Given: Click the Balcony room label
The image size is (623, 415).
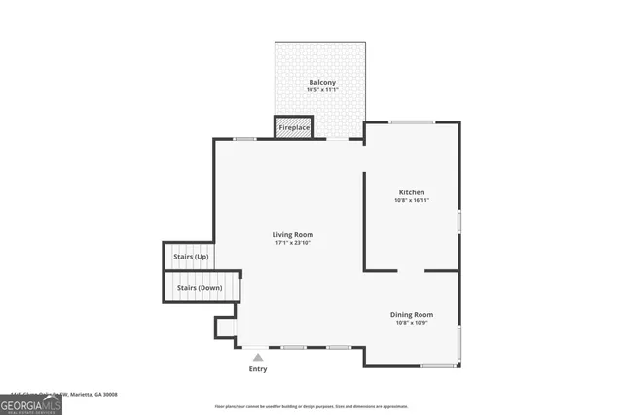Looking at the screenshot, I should click(322, 83).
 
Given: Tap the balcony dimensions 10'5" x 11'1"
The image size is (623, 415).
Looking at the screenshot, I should click(322, 91).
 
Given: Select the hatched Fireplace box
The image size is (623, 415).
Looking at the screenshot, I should click(294, 128).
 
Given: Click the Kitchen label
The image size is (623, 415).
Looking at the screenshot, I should click(412, 192).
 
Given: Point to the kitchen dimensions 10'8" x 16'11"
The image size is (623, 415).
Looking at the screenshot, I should click(412, 201).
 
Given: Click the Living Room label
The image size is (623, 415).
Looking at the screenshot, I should click(293, 234).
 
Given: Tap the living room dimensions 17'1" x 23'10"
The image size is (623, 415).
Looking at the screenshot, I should click(293, 243).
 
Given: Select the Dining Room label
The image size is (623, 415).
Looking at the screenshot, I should click(412, 314).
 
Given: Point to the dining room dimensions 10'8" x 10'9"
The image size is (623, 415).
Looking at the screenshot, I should click(412, 323).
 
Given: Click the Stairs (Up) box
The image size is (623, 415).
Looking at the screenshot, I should click(189, 257).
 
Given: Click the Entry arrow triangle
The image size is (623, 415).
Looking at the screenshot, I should click(258, 358).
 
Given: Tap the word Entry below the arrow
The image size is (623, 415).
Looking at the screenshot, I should click(258, 369).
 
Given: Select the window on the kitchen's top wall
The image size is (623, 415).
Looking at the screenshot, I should click(412, 122).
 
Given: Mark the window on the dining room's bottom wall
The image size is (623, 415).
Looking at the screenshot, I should click(438, 365).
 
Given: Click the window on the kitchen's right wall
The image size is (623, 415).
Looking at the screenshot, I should click(458, 221).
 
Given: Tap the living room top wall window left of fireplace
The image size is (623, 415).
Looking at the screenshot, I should click(244, 139).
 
